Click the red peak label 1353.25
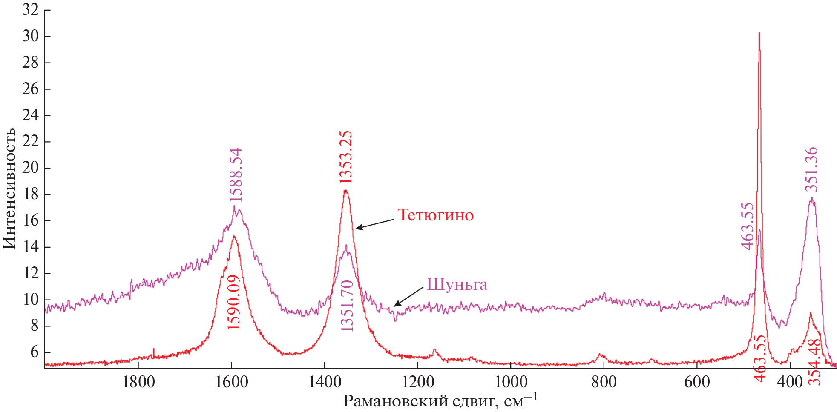point(346,157)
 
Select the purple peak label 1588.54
point(236,175)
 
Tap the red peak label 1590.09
point(234,302)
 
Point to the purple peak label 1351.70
point(347,306)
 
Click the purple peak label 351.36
point(811,169)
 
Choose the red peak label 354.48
point(814,362)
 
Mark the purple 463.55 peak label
point(747,226)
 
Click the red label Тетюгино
point(435,215)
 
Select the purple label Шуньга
point(457,284)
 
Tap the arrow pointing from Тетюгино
point(375,224)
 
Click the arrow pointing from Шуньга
point(408,296)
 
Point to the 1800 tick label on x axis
point(138,382)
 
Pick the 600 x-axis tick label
point(697,382)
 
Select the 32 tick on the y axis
point(30,10)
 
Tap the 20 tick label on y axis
point(30,168)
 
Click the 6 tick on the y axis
point(34,352)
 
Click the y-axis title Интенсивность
point(9,188)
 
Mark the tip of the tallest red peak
point(759,33)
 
